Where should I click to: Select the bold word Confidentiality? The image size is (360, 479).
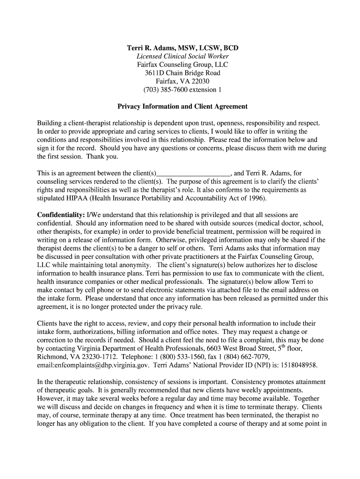point(58,215)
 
